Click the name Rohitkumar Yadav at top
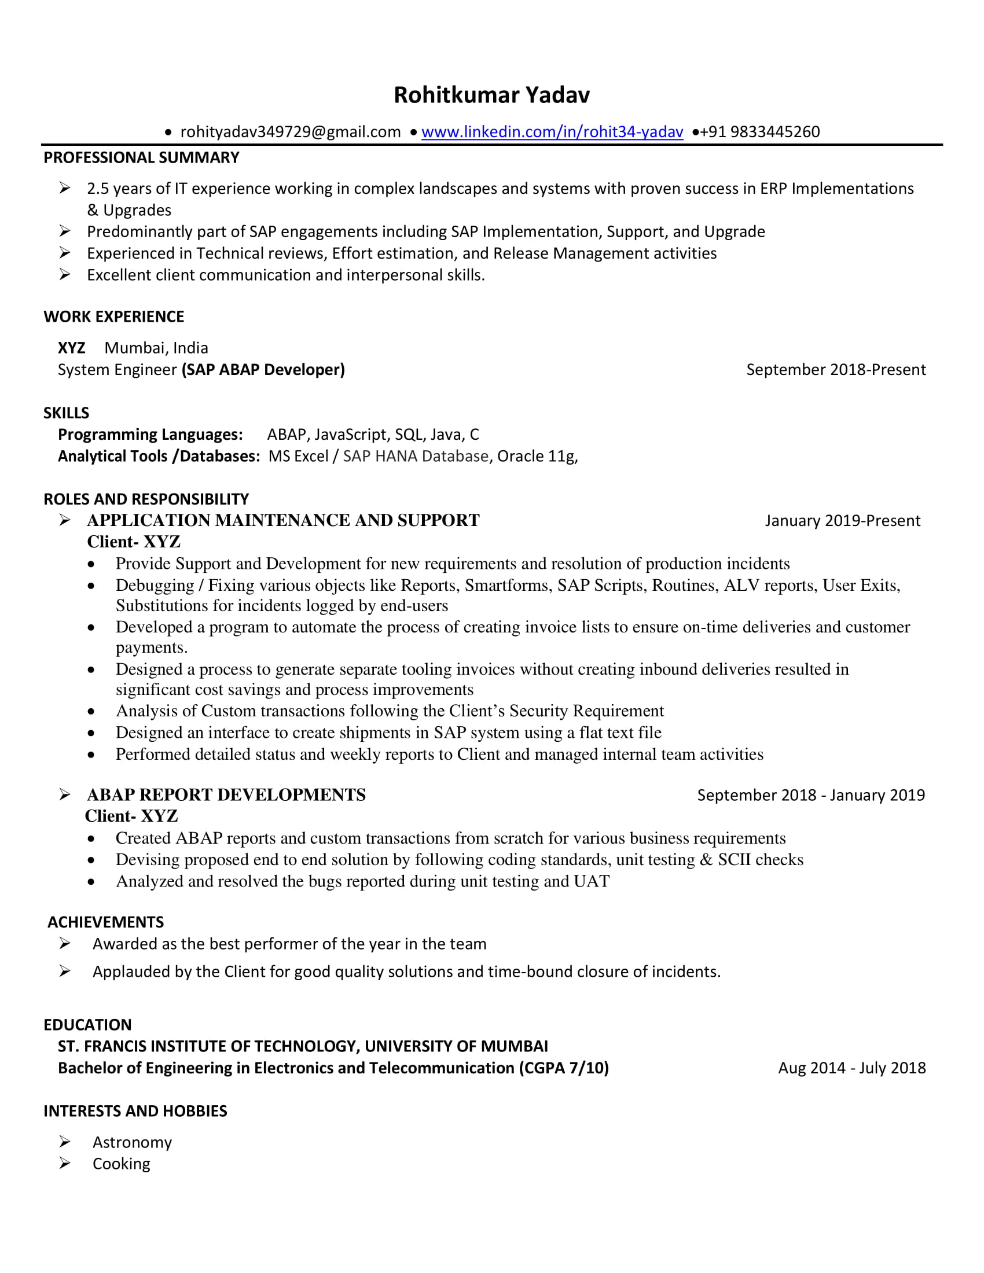pos(491,95)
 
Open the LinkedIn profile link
pos(552,132)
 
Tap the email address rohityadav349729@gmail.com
pos(291,132)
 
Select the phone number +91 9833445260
pos(759,132)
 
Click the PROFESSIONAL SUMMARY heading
pos(141,157)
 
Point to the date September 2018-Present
pos(835,370)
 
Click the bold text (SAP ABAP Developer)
pos(263,370)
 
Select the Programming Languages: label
pos(150,434)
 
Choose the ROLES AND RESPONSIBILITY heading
pos(146,499)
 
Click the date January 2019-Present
pos(842,521)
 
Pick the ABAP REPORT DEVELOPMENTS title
pos(226,795)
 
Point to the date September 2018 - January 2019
pos(810,795)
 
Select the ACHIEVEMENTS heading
pos(105,922)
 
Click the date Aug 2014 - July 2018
pos(851,1068)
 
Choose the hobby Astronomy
pos(133,1142)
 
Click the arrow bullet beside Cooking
pos(65,1163)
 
